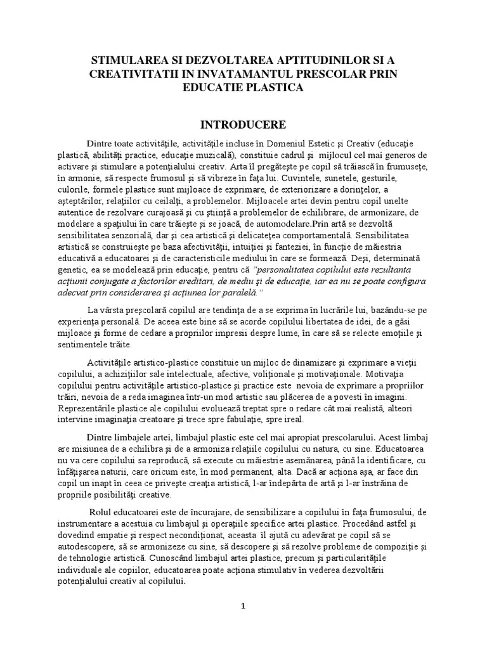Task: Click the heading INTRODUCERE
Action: (243, 123)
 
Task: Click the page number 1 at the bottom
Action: (243, 606)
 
